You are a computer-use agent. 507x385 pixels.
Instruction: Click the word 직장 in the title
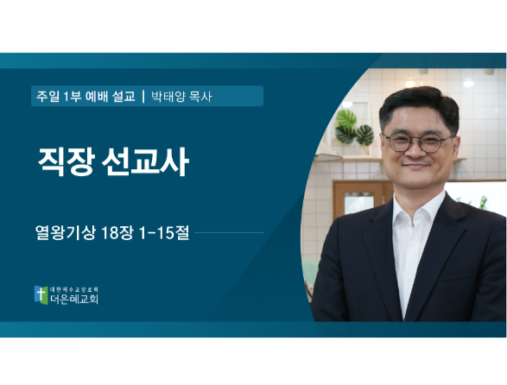click(67, 161)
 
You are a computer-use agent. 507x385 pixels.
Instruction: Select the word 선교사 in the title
click(145, 161)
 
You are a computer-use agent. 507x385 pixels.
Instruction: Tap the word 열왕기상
click(66, 232)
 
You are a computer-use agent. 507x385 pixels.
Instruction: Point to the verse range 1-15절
click(163, 232)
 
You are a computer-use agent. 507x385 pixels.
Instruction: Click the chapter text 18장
click(117, 232)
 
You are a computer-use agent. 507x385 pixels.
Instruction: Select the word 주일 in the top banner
click(48, 97)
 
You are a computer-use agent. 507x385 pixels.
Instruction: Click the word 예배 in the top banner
click(97, 97)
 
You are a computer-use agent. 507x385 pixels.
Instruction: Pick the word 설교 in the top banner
click(124, 97)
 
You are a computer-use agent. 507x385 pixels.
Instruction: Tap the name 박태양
click(168, 97)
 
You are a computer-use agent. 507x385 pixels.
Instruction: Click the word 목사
click(200, 97)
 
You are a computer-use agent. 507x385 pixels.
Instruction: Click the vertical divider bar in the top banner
click(143, 97)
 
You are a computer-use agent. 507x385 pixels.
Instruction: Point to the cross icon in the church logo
click(41, 294)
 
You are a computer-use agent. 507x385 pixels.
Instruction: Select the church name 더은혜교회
click(74, 299)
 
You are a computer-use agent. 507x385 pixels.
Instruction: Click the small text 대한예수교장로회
click(74, 289)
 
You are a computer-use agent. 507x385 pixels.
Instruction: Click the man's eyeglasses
click(418, 142)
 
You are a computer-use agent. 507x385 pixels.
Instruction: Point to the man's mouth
click(415, 167)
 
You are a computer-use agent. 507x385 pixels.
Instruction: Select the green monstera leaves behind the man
click(354, 128)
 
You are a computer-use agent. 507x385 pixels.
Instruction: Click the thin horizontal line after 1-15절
click(229, 232)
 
